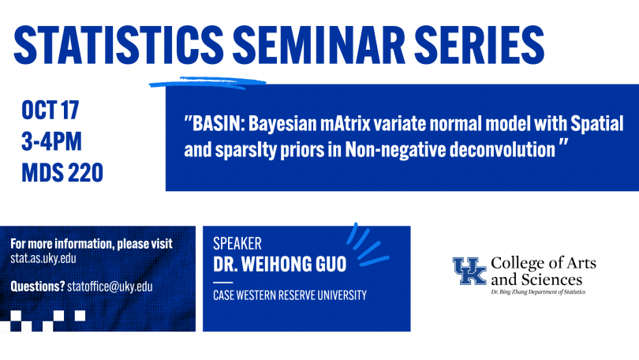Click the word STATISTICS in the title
[119, 44]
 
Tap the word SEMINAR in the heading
[319, 44]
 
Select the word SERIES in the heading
[480, 44]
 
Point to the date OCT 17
[50, 110]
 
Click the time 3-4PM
[51, 141]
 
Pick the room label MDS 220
[62, 172]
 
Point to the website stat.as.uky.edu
[43, 258]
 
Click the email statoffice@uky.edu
[110, 287]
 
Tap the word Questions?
[38, 287]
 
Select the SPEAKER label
[237, 243]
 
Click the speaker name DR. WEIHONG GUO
[279, 264]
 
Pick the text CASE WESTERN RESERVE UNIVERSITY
[290, 295]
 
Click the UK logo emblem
[469, 271]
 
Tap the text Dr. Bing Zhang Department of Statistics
[538, 292]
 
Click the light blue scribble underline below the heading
[207, 83]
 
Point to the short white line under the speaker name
[223, 282]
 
